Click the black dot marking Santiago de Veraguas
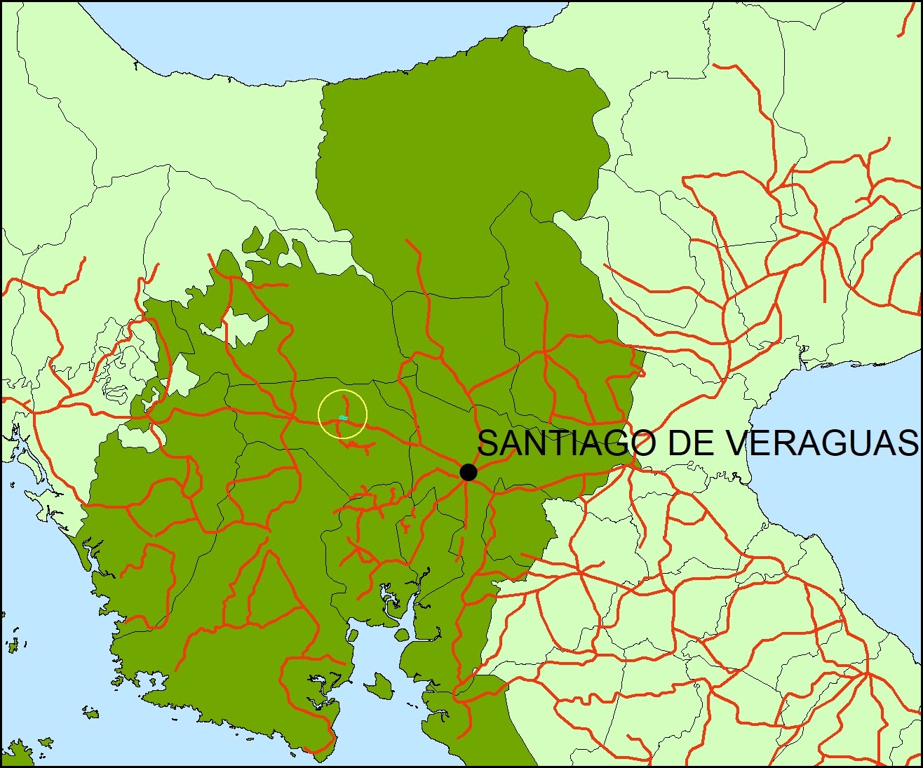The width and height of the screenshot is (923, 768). coord(469,472)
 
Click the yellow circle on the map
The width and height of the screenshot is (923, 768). coord(342,415)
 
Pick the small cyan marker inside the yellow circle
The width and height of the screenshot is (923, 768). coord(343,418)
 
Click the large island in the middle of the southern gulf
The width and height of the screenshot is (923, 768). coord(379,684)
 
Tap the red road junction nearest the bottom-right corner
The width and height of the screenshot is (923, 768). coord(868,674)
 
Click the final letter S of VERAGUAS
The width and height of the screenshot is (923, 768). coord(905,443)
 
